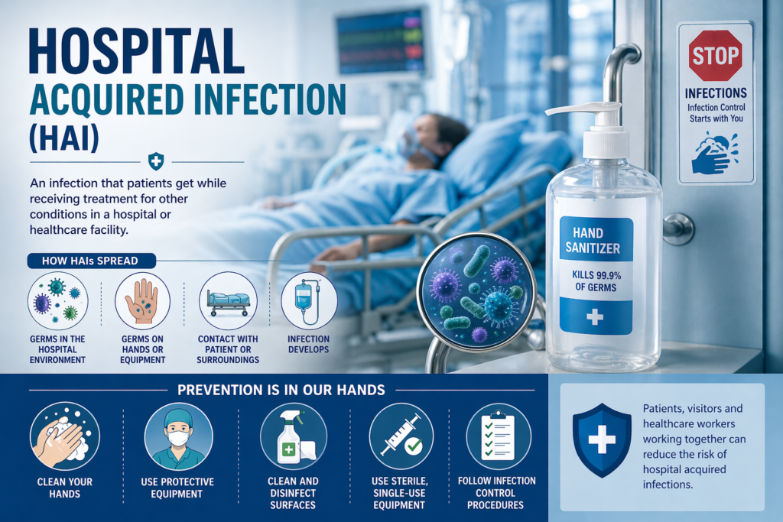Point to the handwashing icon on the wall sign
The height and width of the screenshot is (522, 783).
714,153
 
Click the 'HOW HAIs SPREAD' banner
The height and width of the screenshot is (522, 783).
91,261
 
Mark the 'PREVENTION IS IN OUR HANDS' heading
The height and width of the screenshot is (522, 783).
281,391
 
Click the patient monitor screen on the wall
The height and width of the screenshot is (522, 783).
381,41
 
